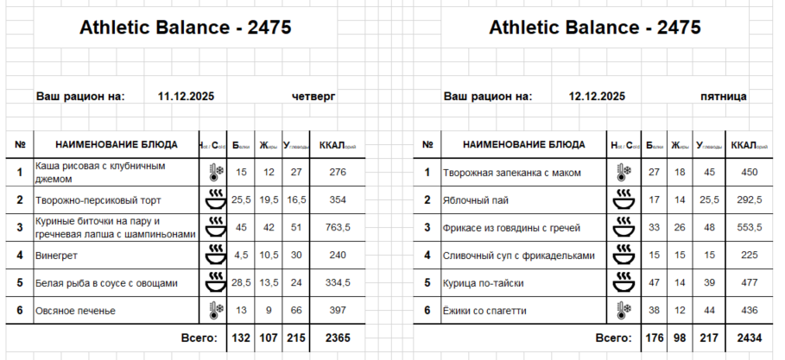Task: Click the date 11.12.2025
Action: pyautogui.click(x=187, y=97)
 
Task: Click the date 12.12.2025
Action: pyautogui.click(x=597, y=97)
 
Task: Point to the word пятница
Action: pyautogui.click(x=724, y=97)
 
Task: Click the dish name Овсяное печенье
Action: pyautogui.click(x=75, y=310)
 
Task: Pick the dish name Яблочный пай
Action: pyautogui.click(x=473, y=200)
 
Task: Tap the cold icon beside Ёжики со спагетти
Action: pyautogui.click(x=622, y=310)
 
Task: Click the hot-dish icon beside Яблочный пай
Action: pyautogui.click(x=622, y=200)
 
